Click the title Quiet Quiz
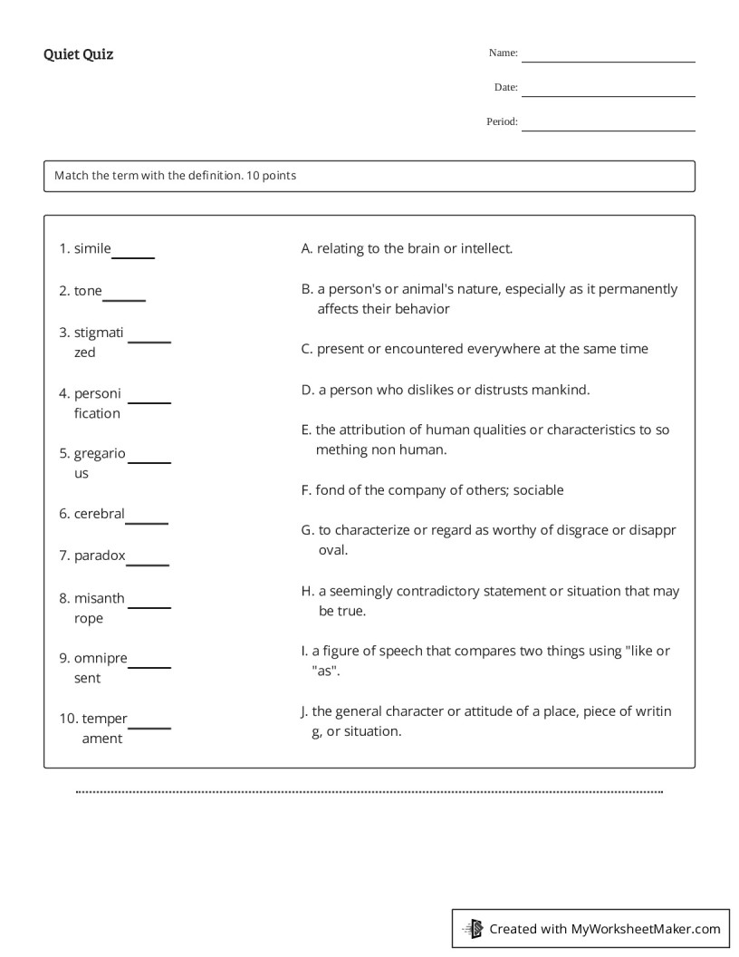(x=78, y=54)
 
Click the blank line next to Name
(x=608, y=60)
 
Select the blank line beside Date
(x=608, y=94)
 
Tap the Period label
(x=502, y=121)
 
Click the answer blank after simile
(x=133, y=256)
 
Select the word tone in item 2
(x=88, y=291)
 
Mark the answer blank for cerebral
(x=147, y=522)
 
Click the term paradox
(x=99, y=556)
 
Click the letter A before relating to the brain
(x=306, y=248)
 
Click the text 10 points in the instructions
(x=271, y=176)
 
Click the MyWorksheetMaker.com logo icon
(x=473, y=929)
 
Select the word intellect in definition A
(x=485, y=248)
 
